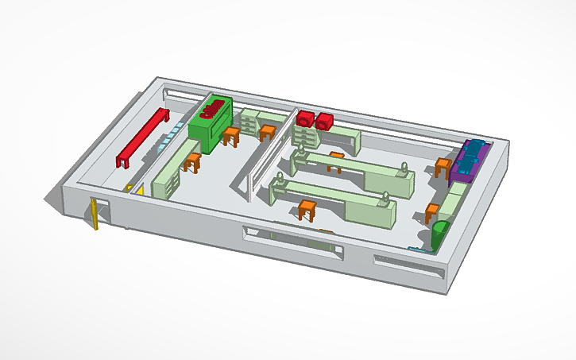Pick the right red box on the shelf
click(324, 122)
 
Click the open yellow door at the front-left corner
click(95, 214)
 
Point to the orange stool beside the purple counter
click(443, 168)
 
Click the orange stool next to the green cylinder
click(432, 212)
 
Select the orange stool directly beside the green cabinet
click(231, 136)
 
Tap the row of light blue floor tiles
click(164, 144)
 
